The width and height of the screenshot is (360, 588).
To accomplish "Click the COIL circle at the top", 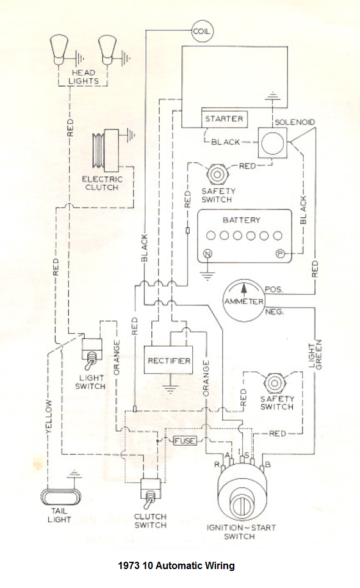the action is pyautogui.click(x=202, y=31).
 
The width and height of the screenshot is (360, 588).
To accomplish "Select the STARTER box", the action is pyautogui.click(x=224, y=119).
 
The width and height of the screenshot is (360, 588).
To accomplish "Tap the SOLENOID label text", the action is pyautogui.click(x=295, y=122).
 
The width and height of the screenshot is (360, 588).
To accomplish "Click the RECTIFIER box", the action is pyautogui.click(x=168, y=360).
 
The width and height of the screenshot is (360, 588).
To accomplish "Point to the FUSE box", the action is pyautogui.click(x=185, y=441).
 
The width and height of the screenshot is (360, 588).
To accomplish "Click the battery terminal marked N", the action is pyautogui.click(x=207, y=254).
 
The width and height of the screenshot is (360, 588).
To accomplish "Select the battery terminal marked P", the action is pyautogui.click(x=279, y=254).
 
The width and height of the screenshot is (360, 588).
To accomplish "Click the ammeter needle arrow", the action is pyautogui.click(x=244, y=289).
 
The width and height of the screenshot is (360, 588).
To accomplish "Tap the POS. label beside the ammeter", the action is pyautogui.click(x=273, y=289).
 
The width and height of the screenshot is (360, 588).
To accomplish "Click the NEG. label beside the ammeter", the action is pyautogui.click(x=274, y=311).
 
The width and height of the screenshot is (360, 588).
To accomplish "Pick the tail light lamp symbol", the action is pyautogui.click(x=60, y=497).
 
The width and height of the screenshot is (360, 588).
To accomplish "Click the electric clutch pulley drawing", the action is pyautogui.click(x=106, y=150).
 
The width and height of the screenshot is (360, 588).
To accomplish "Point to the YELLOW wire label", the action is pyautogui.click(x=49, y=416).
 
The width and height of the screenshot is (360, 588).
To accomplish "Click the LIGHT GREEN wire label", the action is pyautogui.click(x=315, y=354).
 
